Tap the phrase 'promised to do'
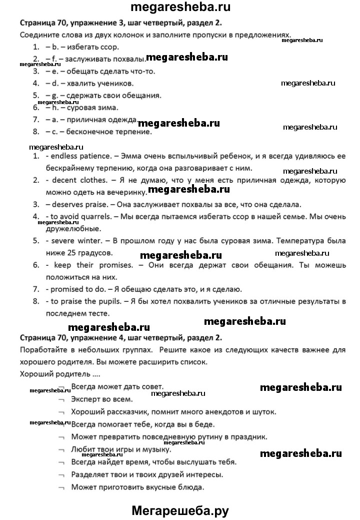[75, 289]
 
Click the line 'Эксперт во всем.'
[102, 399]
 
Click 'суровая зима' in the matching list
[93, 108]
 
